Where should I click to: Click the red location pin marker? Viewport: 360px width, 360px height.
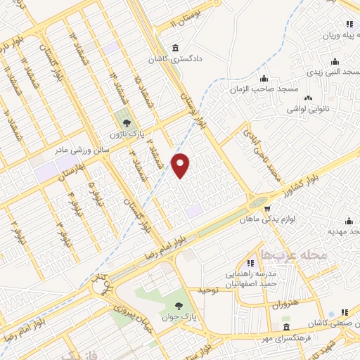point(181,165)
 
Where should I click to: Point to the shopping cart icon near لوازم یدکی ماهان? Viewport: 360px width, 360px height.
point(266,207)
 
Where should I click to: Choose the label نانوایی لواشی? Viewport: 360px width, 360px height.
point(307,110)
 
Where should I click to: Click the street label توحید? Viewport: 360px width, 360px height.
point(210,290)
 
